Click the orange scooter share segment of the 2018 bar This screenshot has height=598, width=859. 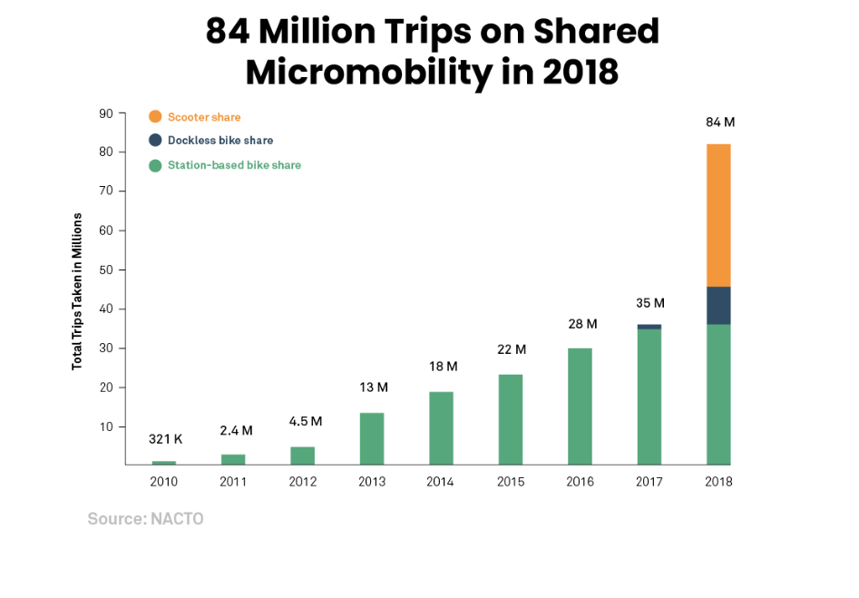(x=718, y=215)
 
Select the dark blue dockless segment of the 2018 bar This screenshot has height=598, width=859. (x=718, y=305)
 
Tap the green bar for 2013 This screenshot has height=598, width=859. (x=372, y=438)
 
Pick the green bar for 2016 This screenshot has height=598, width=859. (x=580, y=406)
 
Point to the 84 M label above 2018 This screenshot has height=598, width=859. (x=719, y=123)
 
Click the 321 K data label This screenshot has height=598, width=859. (x=165, y=439)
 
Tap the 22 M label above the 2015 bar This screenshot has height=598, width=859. (x=512, y=350)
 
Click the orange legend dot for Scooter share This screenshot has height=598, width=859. (x=155, y=117)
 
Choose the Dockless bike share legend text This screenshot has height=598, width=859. (x=220, y=141)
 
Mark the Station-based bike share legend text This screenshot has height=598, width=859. (x=234, y=165)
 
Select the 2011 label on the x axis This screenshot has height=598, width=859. (x=233, y=482)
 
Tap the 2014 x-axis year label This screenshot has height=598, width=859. (x=441, y=482)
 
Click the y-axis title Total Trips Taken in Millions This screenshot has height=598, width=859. (x=77, y=290)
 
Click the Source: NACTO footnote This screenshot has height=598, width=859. (x=145, y=519)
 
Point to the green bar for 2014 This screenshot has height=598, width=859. (x=441, y=427)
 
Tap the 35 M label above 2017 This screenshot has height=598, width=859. (x=649, y=303)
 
